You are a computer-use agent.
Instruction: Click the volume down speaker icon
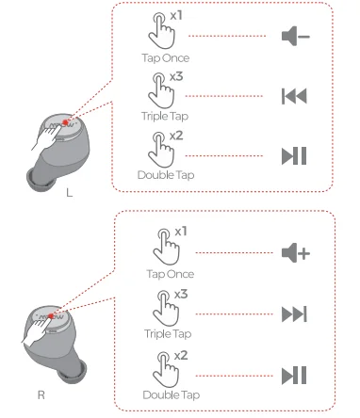click(295, 36)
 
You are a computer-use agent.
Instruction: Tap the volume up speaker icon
click(295, 252)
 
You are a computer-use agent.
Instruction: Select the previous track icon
click(294, 96)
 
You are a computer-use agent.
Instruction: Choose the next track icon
click(294, 314)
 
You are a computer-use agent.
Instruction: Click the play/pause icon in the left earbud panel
click(294, 156)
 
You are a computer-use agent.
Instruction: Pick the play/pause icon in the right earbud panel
click(294, 376)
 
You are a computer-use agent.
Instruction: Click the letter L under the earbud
click(70, 193)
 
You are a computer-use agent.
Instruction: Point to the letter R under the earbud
click(41, 394)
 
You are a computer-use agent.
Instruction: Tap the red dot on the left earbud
click(65, 122)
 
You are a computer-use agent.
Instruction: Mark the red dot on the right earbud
click(51, 315)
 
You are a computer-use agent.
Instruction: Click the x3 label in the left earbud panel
click(176, 76)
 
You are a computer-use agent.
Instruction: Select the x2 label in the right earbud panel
click(181, 356)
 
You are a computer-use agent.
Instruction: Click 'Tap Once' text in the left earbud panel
click(166, 58)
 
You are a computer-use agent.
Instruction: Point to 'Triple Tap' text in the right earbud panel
click(168, 334)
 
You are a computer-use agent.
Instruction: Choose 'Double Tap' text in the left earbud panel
click(166, 175)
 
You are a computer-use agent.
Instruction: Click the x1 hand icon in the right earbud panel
click(166, 247)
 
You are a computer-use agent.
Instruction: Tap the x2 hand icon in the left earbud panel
click(161, 150)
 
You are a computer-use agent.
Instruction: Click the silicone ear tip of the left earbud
click(40, 181)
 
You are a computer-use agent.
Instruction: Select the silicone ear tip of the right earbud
click(74, 373)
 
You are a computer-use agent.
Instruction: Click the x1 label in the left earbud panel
click(176, 16)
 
